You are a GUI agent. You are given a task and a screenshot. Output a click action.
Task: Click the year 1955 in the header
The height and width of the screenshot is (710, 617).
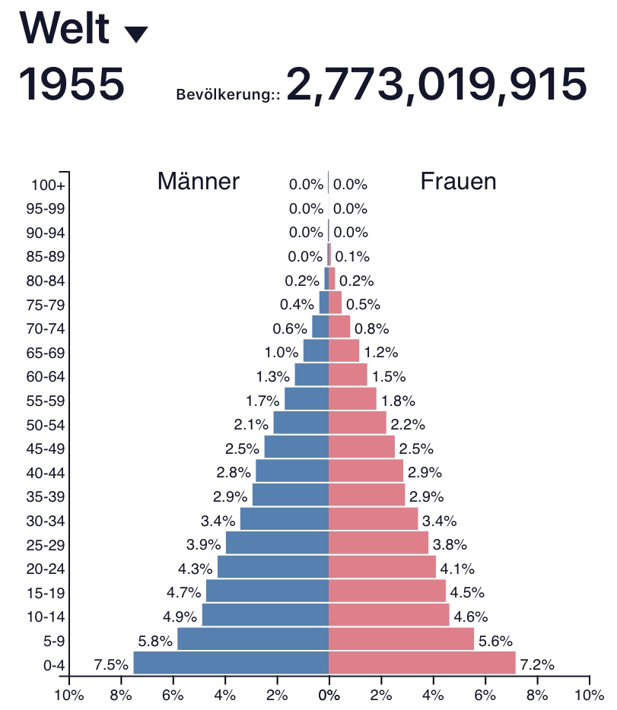pos(72,84)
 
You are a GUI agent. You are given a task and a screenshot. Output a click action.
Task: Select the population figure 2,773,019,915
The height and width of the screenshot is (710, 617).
pos(436,84)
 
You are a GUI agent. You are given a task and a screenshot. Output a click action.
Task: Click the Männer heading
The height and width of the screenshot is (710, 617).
pos(199,181)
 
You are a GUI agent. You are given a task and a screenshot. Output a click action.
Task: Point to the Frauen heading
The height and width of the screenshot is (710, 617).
pos(458,181)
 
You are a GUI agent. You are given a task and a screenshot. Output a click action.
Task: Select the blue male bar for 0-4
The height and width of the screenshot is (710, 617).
pos(231,663)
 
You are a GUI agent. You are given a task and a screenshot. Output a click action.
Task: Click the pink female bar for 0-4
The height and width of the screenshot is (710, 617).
pos(421,663)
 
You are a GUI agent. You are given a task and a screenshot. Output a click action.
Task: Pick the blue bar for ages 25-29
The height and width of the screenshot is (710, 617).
pos(277,543)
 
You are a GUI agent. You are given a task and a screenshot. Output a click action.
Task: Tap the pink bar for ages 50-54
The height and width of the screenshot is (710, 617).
pos(357,423)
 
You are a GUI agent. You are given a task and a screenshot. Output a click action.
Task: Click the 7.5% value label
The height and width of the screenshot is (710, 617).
pos(110,665)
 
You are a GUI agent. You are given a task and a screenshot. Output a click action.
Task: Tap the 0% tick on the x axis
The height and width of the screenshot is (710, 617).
pos(329,694)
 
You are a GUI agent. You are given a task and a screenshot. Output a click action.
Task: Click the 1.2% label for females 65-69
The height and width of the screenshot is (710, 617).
pos(380,353)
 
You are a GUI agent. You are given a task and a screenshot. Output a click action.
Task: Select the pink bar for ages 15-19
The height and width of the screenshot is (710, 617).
pos(386,591)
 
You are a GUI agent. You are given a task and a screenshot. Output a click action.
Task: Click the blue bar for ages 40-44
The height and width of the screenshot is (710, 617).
pos(291,471)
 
